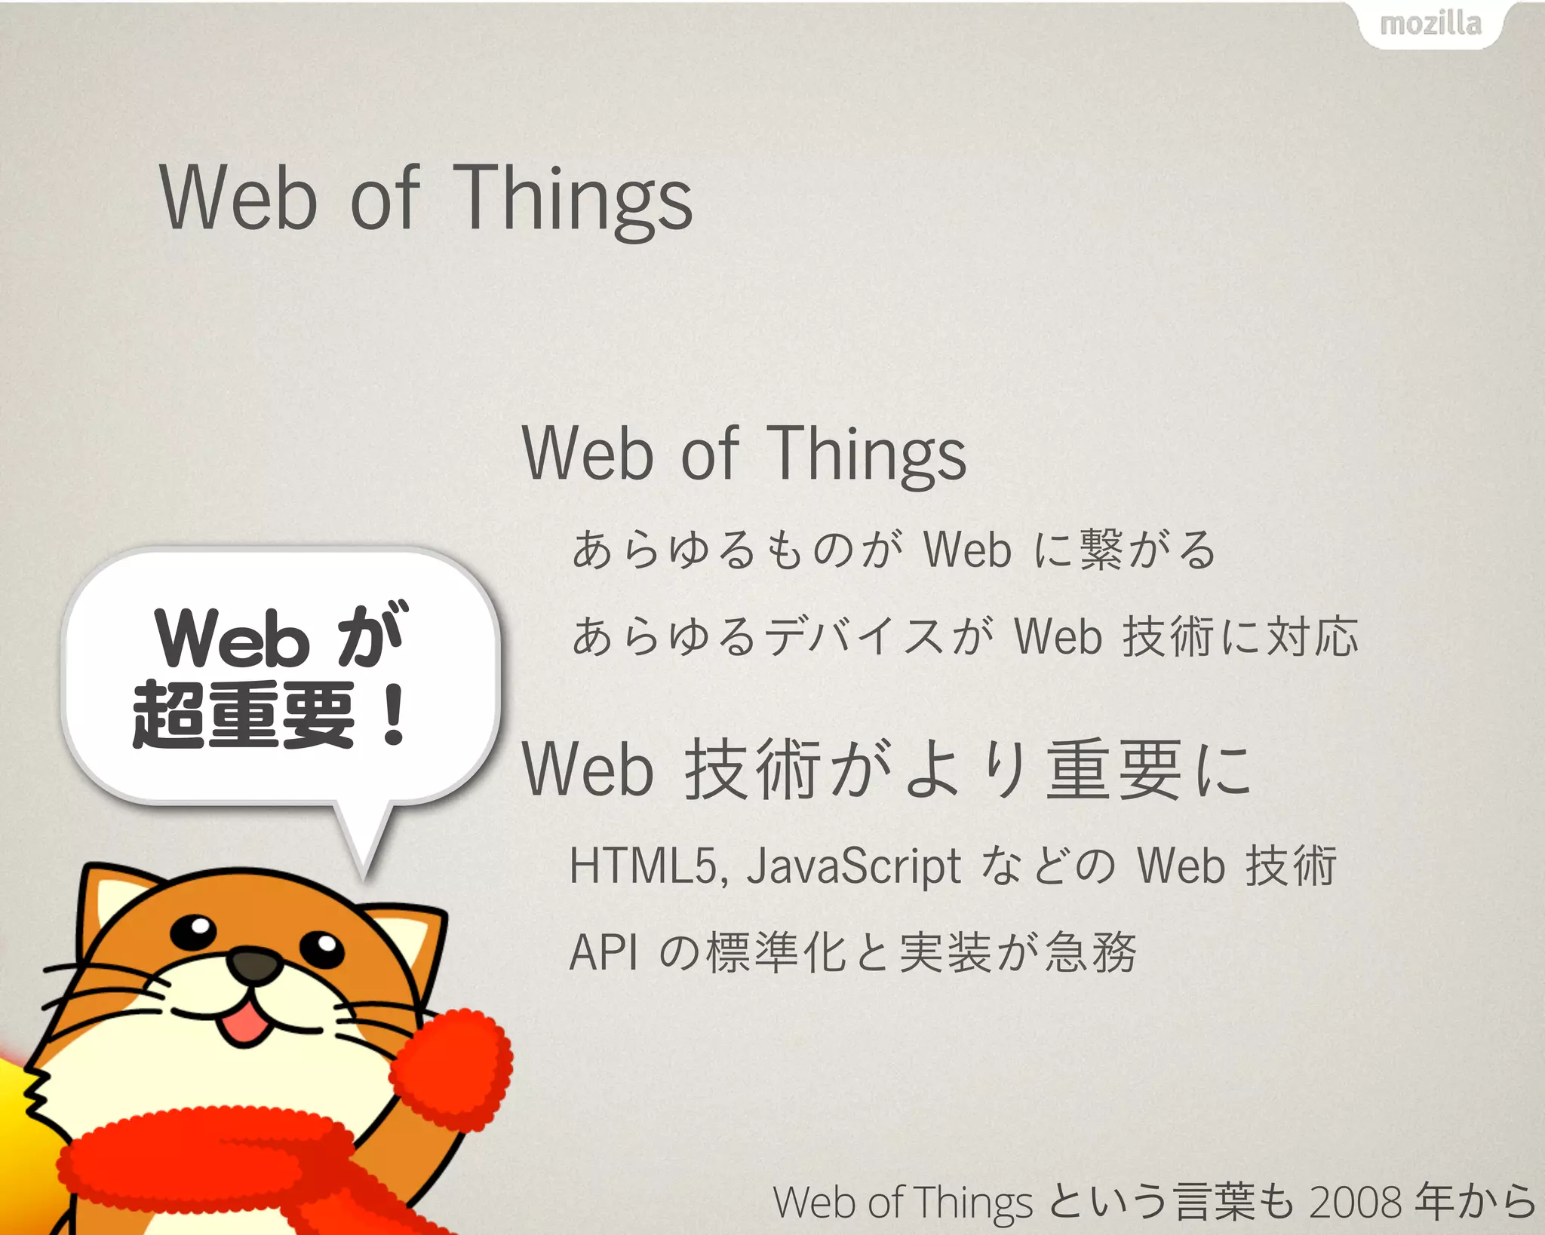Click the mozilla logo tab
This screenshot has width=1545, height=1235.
coord(1430,24)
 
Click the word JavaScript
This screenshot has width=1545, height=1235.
coord(853,866)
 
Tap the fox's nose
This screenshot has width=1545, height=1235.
coord(254,965)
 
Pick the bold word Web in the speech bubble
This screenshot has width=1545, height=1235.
coord(232,639)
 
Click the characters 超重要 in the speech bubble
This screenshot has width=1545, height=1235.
coord(243,715)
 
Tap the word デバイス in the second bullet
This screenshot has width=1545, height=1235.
coord(853,636)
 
